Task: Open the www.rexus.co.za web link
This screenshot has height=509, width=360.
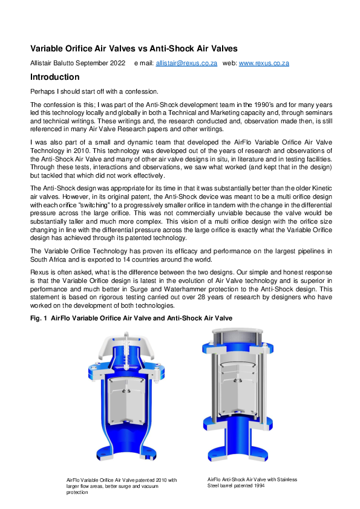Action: coord(264,63)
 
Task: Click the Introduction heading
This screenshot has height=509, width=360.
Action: coord(54,77)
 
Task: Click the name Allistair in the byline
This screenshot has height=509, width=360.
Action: coord(43,63)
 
